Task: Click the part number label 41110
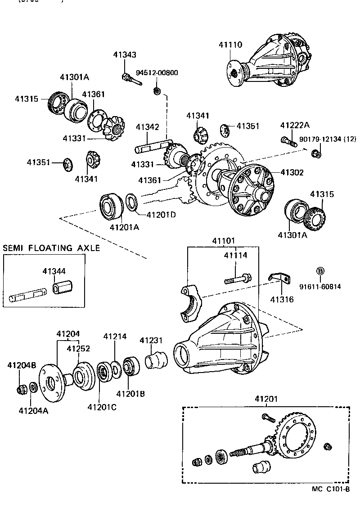(x=231, y=45)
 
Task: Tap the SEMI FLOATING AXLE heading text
(x=51, y=248)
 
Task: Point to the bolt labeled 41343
(x=130, y=80)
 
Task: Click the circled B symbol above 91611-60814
(x=320, y=271)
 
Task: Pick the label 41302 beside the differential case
(x=292, y=172)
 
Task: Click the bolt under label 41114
(x=238, y=279)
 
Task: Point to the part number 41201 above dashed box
(x=266, y=399)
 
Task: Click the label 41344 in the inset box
(x=54, y=271)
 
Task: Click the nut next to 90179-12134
(x=316, y=154)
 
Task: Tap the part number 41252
(x=78, y=348)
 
